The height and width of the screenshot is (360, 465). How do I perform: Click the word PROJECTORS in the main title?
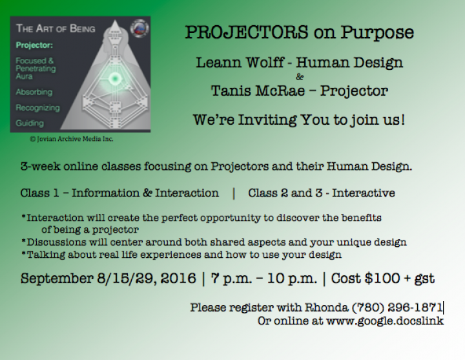pyautogui.click(x=247, y=32)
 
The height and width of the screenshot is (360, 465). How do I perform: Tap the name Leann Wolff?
pyautogui.click(x=240, y=63)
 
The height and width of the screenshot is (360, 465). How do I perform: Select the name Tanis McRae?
pyautogui.click(x=258, y=91)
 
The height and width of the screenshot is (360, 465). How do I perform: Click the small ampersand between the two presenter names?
pyautogui.click(x=300, y=77)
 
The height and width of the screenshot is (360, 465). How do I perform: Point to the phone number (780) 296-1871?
pyautogui.click(x=397, y=308)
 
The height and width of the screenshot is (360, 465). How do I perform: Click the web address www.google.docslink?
pyautogui.click(x=385, y=321)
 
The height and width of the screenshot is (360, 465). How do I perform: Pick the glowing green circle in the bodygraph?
pyautogui.click(x=114, y=79)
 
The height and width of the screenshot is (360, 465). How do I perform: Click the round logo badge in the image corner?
pyautogui.click(x=139, y=28)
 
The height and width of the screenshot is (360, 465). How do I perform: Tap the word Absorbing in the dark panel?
pyautogui.click(x=34, y=92)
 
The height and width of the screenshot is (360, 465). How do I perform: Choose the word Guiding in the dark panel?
pyautogui.click(x=30, y=123)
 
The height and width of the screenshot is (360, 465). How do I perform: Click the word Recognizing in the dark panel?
pyautogui.click(x=37, y=108)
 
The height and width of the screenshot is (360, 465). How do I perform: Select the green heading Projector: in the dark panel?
pyautogui.click(x=34, y=45)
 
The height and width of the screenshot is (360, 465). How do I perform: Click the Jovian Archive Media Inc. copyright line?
pyautogui.click(x=72, y=139)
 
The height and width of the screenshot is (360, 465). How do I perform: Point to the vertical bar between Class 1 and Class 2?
pyautogui.click(x=234, y=193)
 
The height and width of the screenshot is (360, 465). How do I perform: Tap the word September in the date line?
pyautogui.click(x=57, y=279)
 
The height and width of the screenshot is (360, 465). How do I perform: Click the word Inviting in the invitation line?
pyautogui.click(x=267, y=120)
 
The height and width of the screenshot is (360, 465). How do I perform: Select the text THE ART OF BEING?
pyautogui.click(x=56, y=28)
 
